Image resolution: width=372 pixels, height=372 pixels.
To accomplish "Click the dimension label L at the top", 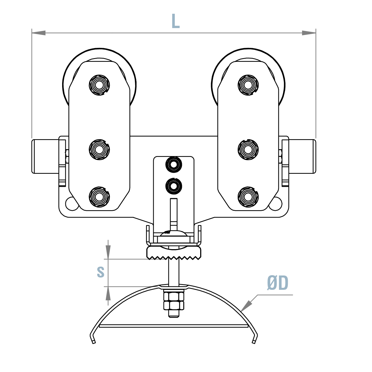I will click(175, 21).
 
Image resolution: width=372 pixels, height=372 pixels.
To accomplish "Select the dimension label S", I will click(101, 272).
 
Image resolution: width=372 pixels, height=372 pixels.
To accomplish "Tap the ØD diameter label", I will click(277, 283).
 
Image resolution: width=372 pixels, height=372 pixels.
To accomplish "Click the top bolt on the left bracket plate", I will click(99, 85).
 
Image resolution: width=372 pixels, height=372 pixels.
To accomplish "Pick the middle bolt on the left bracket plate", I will click(99, 149).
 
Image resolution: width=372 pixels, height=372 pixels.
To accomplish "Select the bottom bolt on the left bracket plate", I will click(99, 197).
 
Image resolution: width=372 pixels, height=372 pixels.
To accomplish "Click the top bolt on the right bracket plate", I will click(248, 85).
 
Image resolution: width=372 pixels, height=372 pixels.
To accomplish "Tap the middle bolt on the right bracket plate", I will click(248, 149).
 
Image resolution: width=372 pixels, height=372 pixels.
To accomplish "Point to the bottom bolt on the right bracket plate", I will click(248, 197).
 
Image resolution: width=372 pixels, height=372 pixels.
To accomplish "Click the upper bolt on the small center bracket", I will click(174, 165).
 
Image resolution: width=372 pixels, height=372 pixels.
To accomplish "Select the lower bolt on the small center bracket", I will click(174, 186).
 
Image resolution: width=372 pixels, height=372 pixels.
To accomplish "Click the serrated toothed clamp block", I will click(174, 253).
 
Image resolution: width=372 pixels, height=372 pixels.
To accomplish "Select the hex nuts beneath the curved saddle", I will click(174, 301).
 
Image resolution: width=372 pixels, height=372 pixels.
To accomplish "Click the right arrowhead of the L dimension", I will click(309, 33).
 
